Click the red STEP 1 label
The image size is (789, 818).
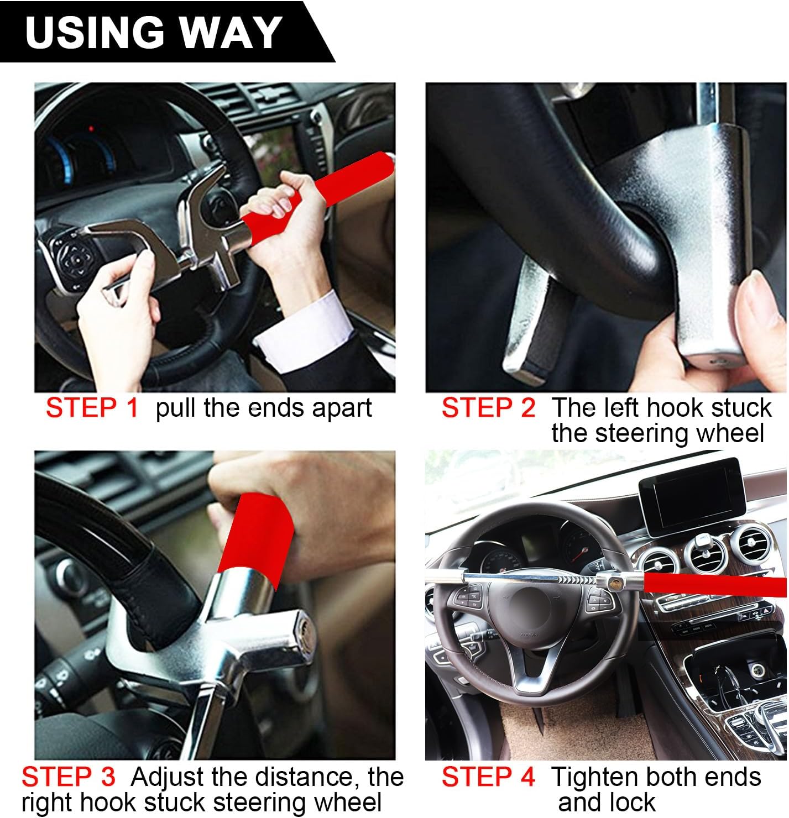coord(92,408)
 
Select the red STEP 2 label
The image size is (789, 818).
coord(489,408)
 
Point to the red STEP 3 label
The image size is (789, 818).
coord(69,777)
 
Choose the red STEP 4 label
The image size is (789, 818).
coord(489,777)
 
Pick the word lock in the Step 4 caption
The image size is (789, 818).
coord(630,802)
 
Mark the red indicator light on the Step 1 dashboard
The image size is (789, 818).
coord(91,129)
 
